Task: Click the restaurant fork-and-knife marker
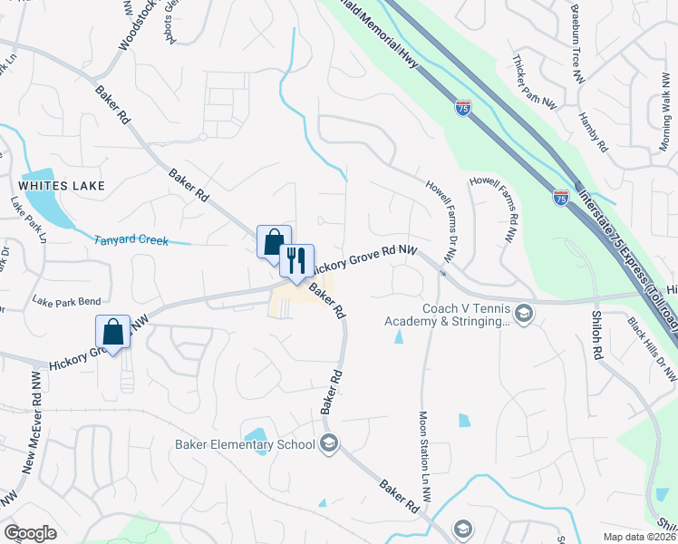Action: coord(296,261)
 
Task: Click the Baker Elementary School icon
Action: coord(329,443)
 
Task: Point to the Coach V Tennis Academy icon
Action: coord(523,314)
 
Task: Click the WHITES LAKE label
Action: coord(65,186)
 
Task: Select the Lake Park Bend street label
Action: coord(66,300)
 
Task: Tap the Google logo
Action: coord(31,532)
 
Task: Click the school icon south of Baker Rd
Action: coord(462,528)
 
